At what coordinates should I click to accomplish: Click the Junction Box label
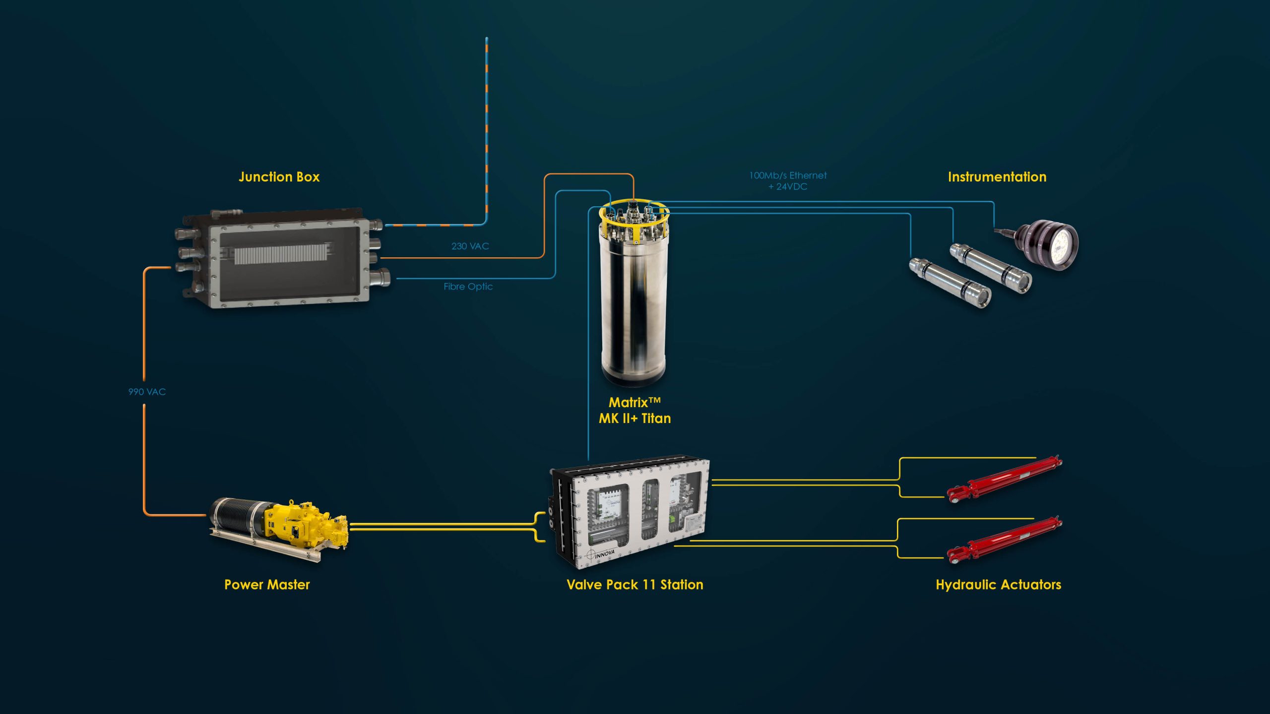point(279,177)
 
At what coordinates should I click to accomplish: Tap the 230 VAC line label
point(470,246)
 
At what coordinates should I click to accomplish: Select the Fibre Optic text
point(468,287)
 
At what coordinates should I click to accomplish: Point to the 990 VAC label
point(147,392)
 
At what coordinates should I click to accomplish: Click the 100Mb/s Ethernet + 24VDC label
point(788,181)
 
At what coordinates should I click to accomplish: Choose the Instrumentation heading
point(997,177)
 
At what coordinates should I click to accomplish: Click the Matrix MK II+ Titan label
point(635,410)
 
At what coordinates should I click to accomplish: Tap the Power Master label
point(267,585)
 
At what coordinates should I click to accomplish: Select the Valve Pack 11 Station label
point(635,585)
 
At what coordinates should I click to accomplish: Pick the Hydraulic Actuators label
point(998,585)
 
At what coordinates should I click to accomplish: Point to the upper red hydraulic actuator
point(1004,479)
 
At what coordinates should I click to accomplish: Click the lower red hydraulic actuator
point(1004,540)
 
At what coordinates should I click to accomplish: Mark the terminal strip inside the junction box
point(281,254)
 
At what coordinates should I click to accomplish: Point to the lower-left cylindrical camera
point(950,282)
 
